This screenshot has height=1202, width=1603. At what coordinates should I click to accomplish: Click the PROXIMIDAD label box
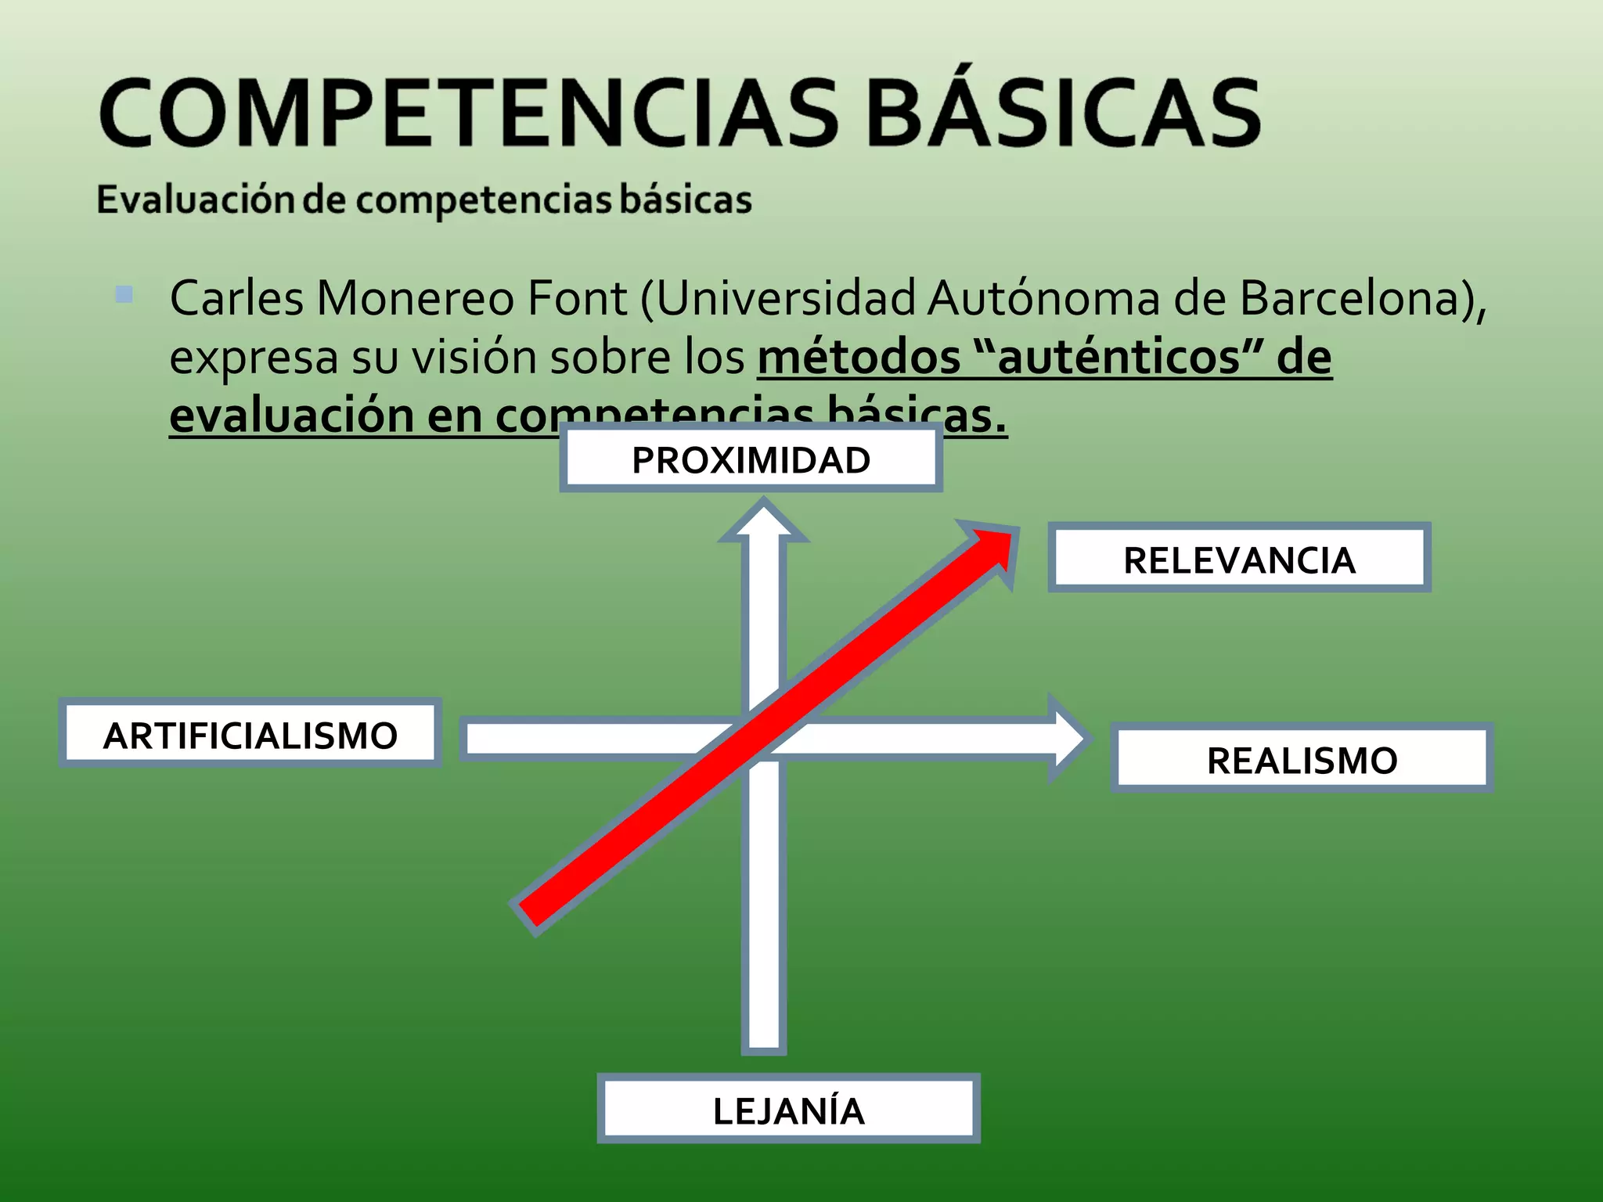(751, 459)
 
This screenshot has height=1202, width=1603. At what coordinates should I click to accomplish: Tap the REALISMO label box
(1302, 760)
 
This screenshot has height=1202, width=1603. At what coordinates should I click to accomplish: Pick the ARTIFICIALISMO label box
(250, 735)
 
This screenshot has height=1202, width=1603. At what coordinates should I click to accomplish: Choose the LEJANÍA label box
(788, 1110)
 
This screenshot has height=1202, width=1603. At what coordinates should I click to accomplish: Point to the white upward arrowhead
(763, 523)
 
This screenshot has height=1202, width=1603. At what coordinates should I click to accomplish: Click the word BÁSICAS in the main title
(1064, 113)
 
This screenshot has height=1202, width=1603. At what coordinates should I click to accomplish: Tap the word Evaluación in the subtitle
(195, 199)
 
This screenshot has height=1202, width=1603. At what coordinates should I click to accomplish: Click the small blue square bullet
(124, 294)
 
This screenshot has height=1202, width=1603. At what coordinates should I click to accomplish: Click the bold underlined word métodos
(859, 357)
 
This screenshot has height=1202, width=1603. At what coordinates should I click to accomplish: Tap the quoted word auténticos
(1120, 357)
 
